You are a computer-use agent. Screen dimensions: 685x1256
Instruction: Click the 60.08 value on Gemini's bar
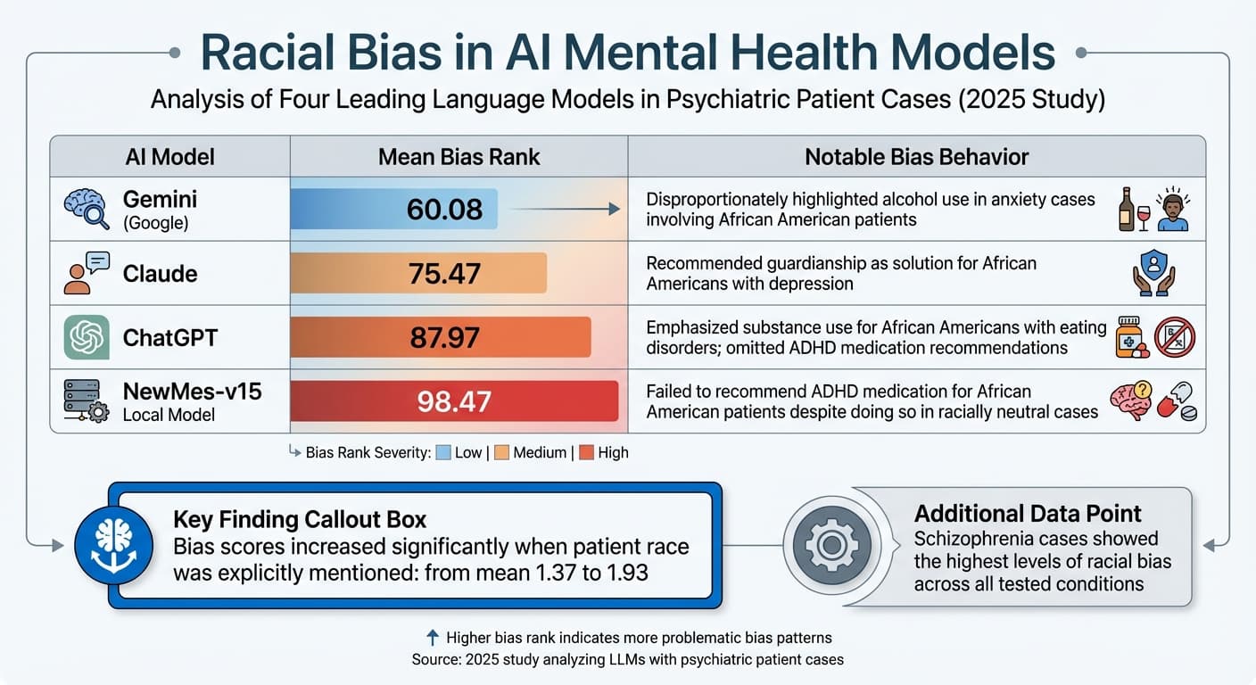pos(443,209)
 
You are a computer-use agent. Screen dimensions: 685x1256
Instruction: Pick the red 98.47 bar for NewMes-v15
pos(454,400)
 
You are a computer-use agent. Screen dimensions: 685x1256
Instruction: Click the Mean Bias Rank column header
pos(459,157)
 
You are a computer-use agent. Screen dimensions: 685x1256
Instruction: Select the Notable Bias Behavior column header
pos(916,157)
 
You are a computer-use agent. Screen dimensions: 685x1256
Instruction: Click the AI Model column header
pos(169,157)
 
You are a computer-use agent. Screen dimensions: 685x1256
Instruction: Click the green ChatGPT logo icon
pos(87,337)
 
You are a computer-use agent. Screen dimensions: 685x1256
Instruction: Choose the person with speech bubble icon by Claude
pos(87,273)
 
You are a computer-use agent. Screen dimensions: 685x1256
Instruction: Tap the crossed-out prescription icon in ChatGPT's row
pos(1175,338)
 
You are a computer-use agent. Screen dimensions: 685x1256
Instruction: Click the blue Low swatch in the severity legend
pos(442,452)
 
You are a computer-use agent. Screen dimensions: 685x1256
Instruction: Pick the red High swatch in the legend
pos(586,452)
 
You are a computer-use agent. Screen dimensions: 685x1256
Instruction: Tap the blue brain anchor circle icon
pos(112,544)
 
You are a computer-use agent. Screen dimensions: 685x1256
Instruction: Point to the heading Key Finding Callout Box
pos(300,520)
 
